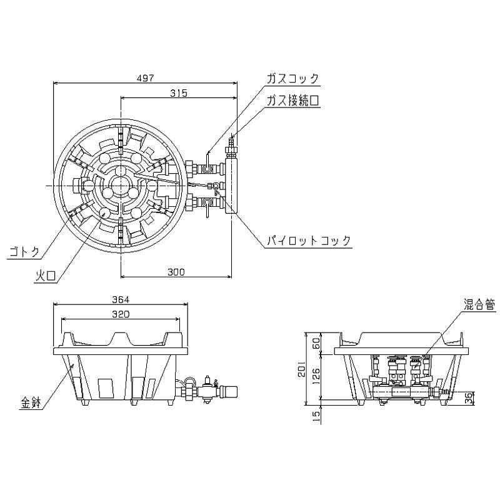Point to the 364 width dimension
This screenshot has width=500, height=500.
[x=121, y=299]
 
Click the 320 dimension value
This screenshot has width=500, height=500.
[x=121, y=314]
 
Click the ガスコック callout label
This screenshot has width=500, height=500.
[x=292, y=79]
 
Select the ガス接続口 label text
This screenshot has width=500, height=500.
[x=292, y=100]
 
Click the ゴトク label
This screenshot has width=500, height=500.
[x=23, y=252]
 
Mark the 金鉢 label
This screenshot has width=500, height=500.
[x=30, y=403]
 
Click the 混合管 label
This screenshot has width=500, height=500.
[x=480, y=304]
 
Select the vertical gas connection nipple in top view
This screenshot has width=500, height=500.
[x=232, y=146]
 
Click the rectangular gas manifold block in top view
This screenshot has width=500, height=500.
[x=231, y=185]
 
